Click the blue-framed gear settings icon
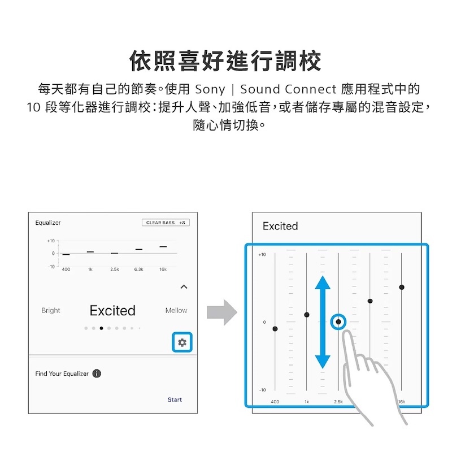click(x=182, y=342)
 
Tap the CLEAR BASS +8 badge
click(x=166, y=223)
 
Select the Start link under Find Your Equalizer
click(x=175, y=399)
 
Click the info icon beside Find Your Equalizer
click(x=97, y=373)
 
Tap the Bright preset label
click(x=51, y=310)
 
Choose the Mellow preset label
click(x=176, y=310)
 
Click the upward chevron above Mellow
click(x=184, y=286)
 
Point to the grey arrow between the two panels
click(x=222, y=313)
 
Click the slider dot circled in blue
click(x=338, y=321)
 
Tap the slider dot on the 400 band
click(x=275, y=329)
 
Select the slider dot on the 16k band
click(x=402, y=287)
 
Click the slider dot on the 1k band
click(x=307, y=315)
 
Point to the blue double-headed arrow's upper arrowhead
click(x=323, y=282)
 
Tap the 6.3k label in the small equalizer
click(x=138, y=270)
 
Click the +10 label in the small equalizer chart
click(x=51, y=241)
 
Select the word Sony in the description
click(x=210, y=89)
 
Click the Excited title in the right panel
click(x=280, y=226)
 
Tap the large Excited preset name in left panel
click(x=112, y=310)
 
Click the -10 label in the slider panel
click(x=262, y=390)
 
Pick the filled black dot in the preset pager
click(x=101, y=328)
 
